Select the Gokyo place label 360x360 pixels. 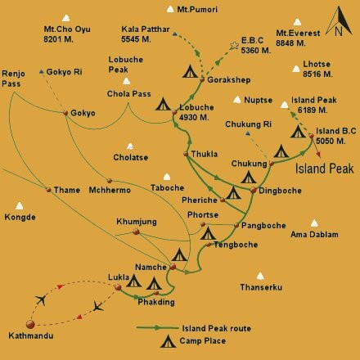tap(83, 113)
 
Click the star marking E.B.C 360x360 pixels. tap(235, 44)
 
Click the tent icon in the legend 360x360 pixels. tap(168, 342)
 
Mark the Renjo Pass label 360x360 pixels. tap(14, 78)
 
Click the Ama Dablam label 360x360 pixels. tap(314, 236)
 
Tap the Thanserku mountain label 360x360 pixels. tap(260, 288)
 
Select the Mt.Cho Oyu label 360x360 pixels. tap(67, 33)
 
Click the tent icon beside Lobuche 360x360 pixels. tap(164, 105)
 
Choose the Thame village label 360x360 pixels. tap(67, 191)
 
